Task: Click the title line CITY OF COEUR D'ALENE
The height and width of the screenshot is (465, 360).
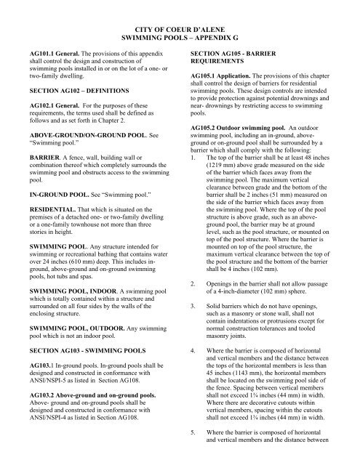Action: [x=180, y=24]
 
